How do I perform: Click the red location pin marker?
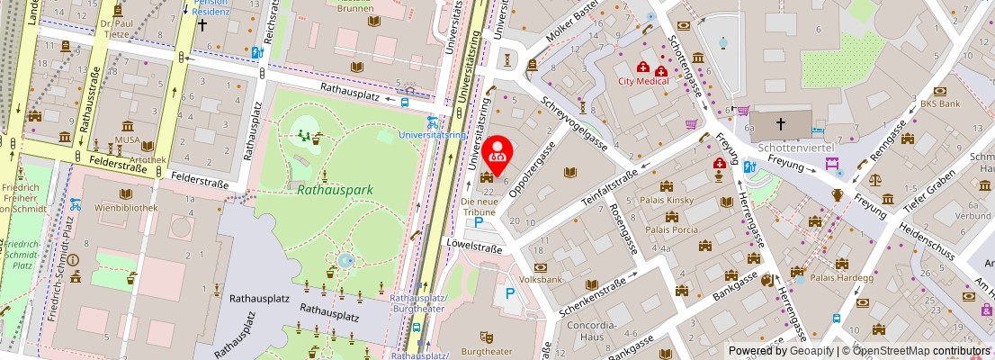click(x=497, y=151)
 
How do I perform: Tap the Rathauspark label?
click(x=335, y=190)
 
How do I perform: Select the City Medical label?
click(x=643, y=81)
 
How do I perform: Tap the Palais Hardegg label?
click(x=842, y=276)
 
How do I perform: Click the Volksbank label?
click(x=541, y=280)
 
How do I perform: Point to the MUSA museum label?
click(x=125, y=140)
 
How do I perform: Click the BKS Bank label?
click(x=940, y=103)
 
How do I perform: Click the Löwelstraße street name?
click(x=472, y=244)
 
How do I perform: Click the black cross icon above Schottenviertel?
click(x=780, y=123)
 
